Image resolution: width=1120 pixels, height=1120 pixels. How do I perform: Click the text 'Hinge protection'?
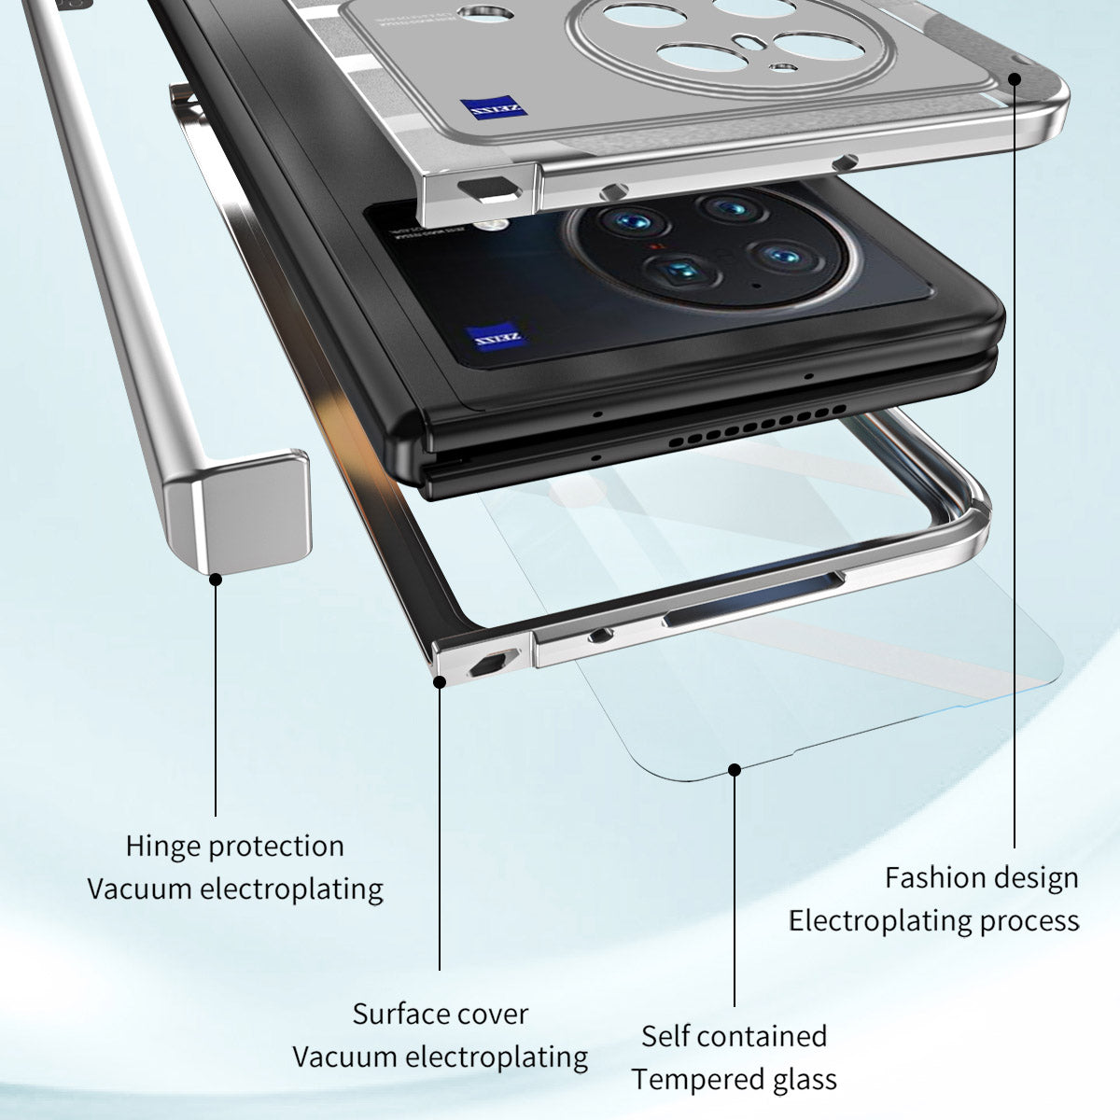coord(234,847)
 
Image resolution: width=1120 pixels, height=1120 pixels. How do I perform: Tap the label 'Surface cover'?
coord(440,1014)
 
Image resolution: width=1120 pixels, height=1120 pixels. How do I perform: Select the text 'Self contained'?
coord(734,1036)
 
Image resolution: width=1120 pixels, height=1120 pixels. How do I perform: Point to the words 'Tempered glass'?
coord(734,1079)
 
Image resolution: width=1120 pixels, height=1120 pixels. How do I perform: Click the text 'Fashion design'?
coord(981,878)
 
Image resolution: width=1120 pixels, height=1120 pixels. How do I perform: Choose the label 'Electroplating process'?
coord(933,921)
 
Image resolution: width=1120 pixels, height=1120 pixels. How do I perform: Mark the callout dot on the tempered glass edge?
coord(735,770)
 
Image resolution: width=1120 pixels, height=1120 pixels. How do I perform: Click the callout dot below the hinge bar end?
coord(216,579)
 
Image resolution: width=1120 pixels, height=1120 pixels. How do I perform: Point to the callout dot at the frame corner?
coord(440,682)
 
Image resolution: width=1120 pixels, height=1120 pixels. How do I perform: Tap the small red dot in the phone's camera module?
coord(657,247)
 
